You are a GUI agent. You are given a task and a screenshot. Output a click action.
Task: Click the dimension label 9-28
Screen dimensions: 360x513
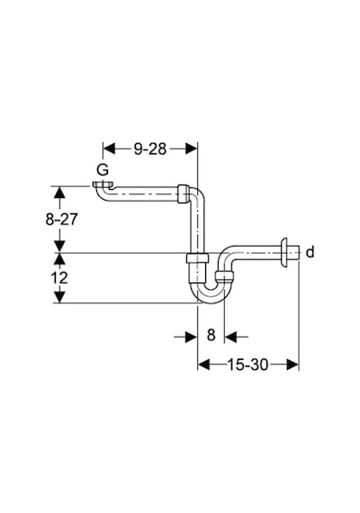[150, 148]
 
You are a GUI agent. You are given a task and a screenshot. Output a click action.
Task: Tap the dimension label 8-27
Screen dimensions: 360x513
[61, 220]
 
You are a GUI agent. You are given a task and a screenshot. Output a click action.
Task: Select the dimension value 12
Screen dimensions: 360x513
[58, 278]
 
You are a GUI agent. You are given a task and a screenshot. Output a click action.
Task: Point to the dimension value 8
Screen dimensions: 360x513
[211, 335]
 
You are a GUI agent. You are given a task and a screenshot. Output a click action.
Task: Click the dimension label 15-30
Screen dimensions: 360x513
[247, 364]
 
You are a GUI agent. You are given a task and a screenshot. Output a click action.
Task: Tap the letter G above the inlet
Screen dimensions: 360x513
[103, 170]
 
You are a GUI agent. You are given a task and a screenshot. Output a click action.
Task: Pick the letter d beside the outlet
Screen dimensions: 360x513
[310, 252]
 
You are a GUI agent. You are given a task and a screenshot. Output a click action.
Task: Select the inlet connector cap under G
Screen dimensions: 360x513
[103, 185]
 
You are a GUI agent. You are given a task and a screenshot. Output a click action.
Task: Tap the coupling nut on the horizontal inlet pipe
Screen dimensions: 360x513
[184, 194]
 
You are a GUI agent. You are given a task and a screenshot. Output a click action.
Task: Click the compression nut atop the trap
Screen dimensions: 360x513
[197, 258]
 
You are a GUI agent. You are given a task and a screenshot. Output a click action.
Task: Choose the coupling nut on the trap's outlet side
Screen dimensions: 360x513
[225, 277]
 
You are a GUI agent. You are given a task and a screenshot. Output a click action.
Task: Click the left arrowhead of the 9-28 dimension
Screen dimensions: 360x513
[109, 148]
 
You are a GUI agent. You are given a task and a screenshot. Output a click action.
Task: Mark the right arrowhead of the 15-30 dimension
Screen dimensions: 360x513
[292, 364]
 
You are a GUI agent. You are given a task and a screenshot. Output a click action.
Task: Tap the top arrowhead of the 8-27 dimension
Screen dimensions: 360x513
[59, 192]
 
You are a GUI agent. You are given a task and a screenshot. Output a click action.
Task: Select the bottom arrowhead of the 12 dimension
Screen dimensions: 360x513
[59, 297]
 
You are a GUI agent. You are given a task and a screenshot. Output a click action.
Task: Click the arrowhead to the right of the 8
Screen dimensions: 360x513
[230, 337]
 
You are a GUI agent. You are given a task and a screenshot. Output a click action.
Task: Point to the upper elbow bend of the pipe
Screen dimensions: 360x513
[198, 194]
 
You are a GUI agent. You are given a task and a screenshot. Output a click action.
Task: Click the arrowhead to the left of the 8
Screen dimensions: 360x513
[191, 337]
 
